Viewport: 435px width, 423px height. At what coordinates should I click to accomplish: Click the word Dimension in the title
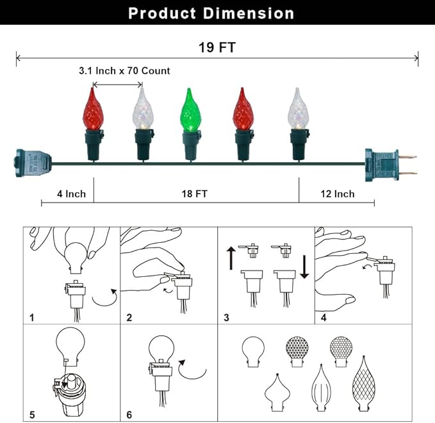click(250, 13)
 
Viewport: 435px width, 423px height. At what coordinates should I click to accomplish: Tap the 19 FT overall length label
click(218, 47)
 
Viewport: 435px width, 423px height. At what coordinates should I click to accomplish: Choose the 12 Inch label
click(336, 194)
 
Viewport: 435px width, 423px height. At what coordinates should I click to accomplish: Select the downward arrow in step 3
click(304, 265)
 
